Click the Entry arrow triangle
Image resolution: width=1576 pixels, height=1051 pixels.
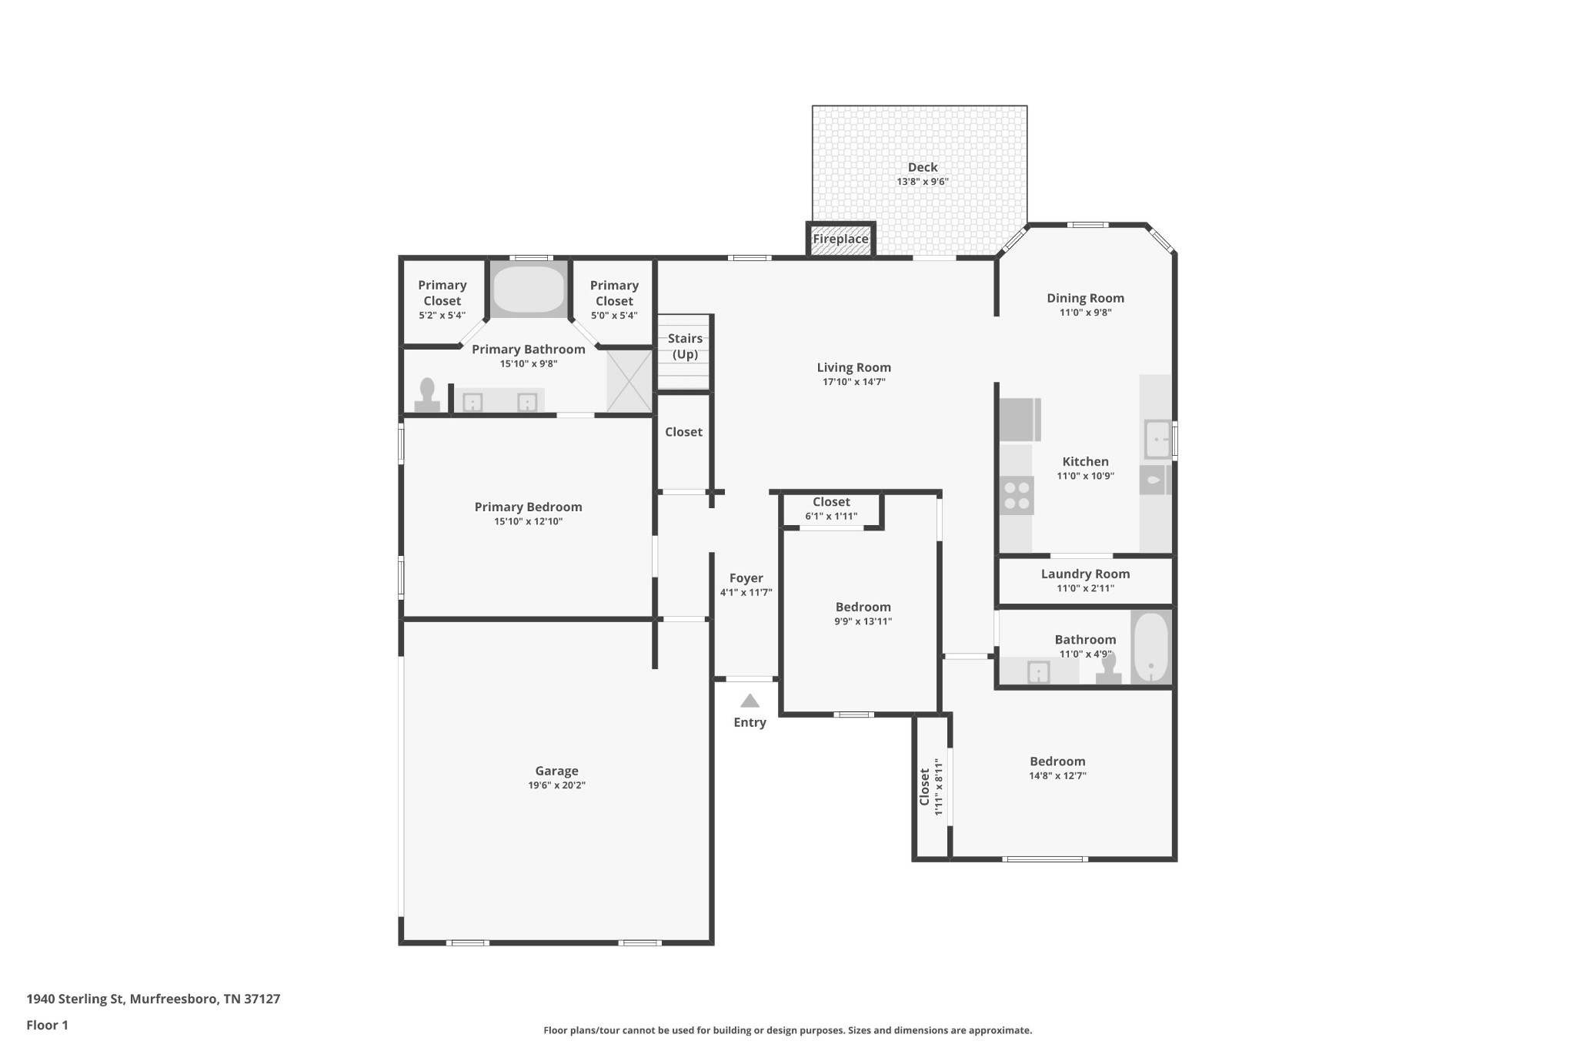tap(750, 701)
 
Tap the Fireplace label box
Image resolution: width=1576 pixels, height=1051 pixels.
tap(840, 239)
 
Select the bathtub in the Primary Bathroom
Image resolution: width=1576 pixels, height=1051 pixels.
tap(529, 290)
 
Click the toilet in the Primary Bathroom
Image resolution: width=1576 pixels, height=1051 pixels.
tap(427, 395)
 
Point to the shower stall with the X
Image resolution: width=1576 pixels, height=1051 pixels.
tap(629, 380)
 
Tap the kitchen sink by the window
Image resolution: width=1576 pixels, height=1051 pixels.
tap(1157, 440)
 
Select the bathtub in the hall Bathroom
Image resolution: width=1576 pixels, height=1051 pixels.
tap(1151, 647)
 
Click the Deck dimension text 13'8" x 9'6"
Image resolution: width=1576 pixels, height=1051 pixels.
tap(923, 182)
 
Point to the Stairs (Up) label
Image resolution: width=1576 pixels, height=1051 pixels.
tap(685, 346)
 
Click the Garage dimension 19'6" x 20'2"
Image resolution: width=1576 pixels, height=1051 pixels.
tap(556, 785)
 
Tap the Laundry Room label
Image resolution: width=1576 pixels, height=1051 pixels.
tap(1085, 574)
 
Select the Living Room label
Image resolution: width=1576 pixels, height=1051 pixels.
tap(854, 367)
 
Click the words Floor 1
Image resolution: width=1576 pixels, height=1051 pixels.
tap(48, 1025)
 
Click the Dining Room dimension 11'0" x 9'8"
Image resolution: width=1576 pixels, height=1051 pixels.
tap(1085, 313)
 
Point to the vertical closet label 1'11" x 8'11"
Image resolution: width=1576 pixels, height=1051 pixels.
tap(938, 787)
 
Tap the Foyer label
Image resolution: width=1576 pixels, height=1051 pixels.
tap(746, 578)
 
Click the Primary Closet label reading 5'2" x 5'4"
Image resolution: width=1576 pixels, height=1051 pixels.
tap(442, 316)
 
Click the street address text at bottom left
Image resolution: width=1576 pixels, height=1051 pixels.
tap(153, 999)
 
